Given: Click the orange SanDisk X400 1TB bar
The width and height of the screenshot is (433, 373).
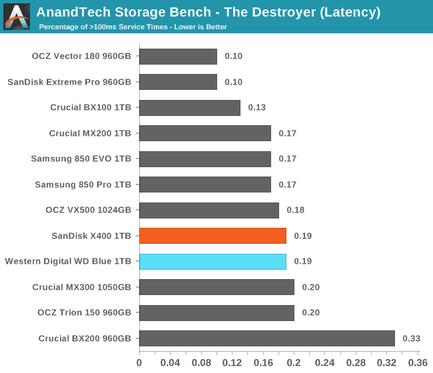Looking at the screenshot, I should click(x=213, y=236).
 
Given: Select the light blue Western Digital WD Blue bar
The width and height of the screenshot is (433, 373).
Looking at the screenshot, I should click(x=213, y=261).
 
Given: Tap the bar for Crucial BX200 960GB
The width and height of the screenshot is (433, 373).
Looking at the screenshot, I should click(x=266, y=338).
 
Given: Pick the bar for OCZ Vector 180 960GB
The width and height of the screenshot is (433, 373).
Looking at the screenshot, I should click(x=178, y=56).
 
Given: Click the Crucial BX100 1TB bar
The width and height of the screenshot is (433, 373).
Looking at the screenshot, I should click(x=190, y=107).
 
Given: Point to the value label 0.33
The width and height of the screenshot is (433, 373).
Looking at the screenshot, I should click(x=411, y=338).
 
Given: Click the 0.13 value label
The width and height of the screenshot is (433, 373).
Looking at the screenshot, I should click(x=256, y=107).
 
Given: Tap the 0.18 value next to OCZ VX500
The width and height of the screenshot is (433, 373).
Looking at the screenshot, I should click(x=295, y=210).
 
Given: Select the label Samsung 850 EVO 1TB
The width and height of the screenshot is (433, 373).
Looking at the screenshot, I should click(x=81, y=159).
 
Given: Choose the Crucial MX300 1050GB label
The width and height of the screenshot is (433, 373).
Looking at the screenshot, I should click(x=82, y=287).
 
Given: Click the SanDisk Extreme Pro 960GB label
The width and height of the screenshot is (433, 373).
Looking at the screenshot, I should click(x=69, y=82).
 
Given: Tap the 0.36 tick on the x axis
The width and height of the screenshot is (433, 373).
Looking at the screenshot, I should click(x=418, y=363).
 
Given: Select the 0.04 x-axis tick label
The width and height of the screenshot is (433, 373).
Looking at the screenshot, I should click(x=170, y=363).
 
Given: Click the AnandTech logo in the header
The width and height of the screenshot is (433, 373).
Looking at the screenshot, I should click(x=17, y=16).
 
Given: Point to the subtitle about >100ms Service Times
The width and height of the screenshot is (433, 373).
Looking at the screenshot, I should click(x=133, y=27).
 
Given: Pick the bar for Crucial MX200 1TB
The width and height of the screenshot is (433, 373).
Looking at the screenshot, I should click(x=205, y=133).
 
